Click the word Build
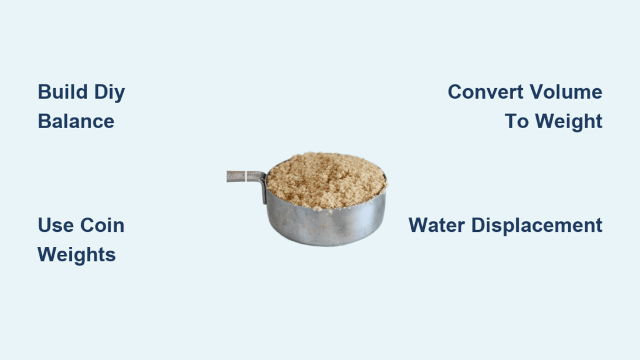[x=62, y=92]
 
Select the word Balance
[x=76, y=121]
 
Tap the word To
[x=516, y=121]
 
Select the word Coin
[x=102, y=225]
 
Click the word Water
[x=436, y=225]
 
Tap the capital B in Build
[x=44, y=92]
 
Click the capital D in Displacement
[x=478, y=225]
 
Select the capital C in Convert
[x=455, y=92]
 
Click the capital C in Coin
[x=87, y=225]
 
